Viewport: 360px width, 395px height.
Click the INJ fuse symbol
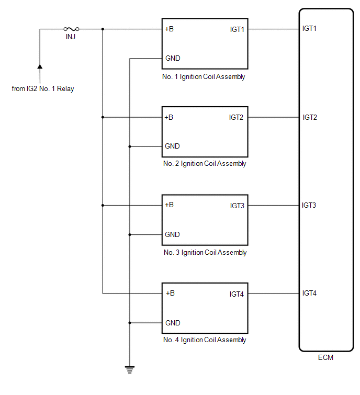tap(71, 29)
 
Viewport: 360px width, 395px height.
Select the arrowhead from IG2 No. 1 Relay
tap(40, 66)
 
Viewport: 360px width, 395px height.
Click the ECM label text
tap(325, 358)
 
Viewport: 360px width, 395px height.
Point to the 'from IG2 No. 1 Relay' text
tap(43, 89)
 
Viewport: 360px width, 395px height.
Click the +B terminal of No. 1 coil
tap(170, 29)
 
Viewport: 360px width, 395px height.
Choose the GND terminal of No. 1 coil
tap(173, 59)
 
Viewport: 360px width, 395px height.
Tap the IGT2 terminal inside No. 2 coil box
tap(236, 117)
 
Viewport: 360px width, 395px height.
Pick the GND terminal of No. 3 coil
tap(173, 234)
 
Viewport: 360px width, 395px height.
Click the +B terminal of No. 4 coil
tap(170, 294)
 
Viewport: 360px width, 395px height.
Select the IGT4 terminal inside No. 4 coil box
tap(237, 294)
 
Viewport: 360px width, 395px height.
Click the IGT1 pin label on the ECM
tap(310, 28)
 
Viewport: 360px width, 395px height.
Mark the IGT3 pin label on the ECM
tap(309, 205)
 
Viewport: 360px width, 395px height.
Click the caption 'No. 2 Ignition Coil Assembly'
tap(205, 164)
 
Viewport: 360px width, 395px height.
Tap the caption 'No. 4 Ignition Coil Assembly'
tap(205, 340)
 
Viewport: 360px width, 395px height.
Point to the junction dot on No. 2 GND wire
tap(129, 146)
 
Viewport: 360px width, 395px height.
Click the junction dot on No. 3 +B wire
tap(103, 205)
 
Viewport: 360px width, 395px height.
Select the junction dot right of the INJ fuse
tap(103, 29)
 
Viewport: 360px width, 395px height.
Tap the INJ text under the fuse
tap(71, 38)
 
